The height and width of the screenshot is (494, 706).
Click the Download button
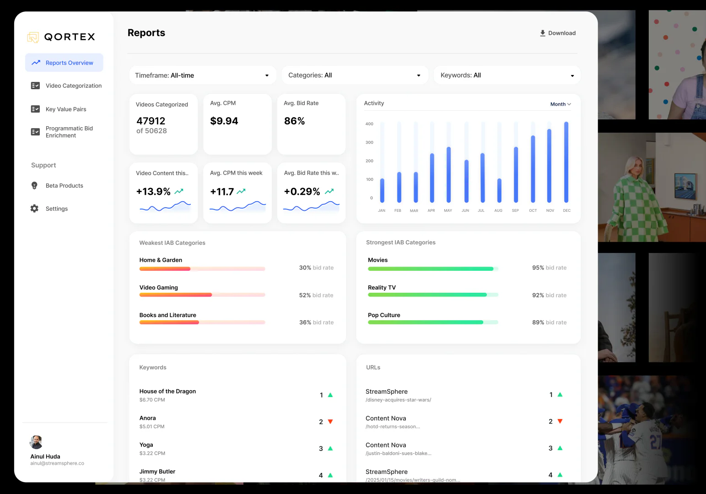click(557, 33)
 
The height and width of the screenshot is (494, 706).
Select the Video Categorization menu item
click(73, 86)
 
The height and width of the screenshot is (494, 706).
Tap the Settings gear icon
click(34, 209)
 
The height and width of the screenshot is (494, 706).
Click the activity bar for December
click(566, 162)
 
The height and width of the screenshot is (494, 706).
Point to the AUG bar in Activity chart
click(499, 190)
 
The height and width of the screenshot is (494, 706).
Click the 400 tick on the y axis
click(369, 124)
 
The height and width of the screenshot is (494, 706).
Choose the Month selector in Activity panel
click(560, 104)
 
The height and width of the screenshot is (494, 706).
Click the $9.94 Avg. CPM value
click(224, 121)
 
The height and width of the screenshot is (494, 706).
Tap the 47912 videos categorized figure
click(151, 121)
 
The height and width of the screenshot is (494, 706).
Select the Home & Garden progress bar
click(202, 269)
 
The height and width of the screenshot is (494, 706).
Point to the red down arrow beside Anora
click(330, 422)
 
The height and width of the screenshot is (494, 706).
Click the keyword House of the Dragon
click(167, 392)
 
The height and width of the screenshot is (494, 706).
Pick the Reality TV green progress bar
click(432, 295)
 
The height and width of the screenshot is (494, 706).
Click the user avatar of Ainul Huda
click(36, 442)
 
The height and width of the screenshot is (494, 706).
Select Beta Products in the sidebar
click(64, 186)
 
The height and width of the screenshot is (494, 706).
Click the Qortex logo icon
click(33, 37)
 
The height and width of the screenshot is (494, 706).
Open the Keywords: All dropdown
click(507, 75)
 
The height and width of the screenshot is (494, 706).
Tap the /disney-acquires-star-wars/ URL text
click(398, 400)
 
